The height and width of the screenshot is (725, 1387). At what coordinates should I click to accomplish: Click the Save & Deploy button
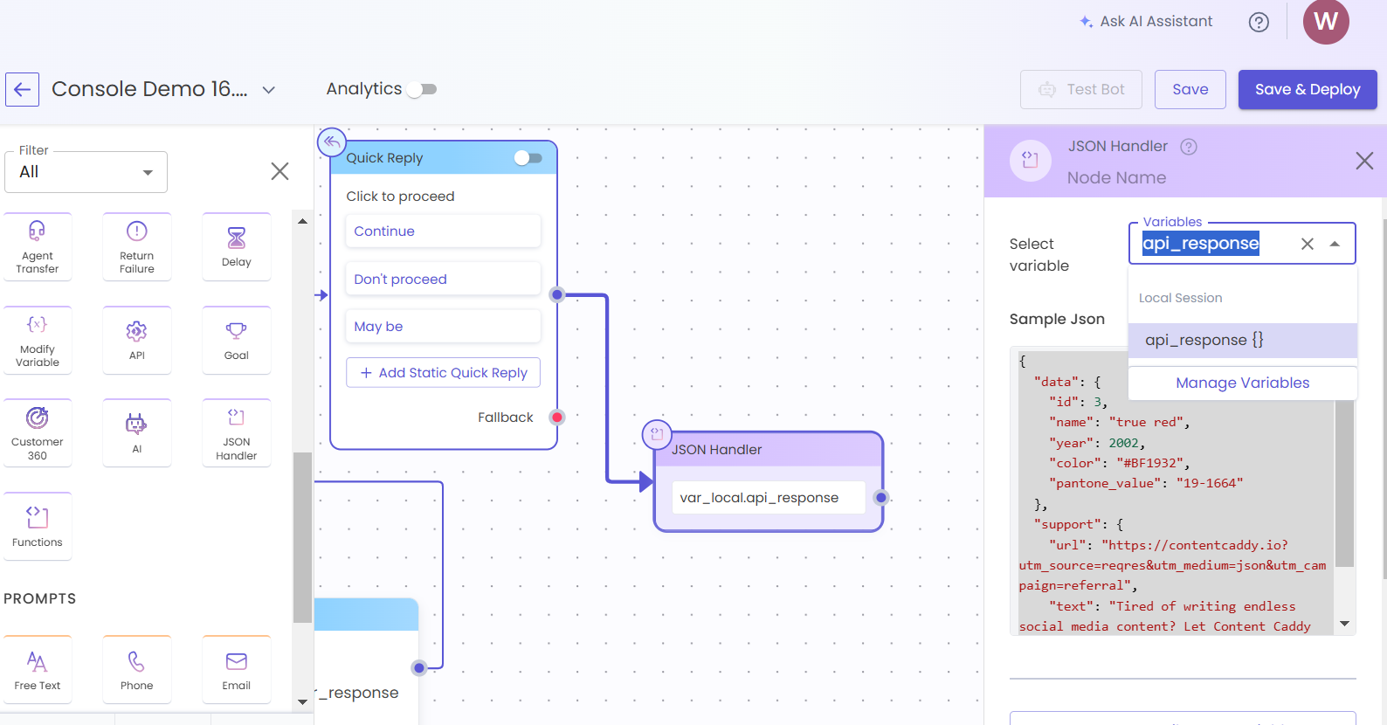pos(1308,90)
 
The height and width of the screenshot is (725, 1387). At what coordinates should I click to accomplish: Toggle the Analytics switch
pos(422,90)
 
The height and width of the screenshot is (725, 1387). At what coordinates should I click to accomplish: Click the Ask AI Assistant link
pos(1146,22)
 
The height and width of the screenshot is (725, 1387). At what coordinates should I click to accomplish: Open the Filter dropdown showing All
pos(86,172)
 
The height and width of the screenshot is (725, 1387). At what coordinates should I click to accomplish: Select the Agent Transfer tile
pos(38,247)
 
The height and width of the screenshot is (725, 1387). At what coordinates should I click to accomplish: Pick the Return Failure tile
pos(137,247)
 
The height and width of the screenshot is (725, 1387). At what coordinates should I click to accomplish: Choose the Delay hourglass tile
pos(237,247)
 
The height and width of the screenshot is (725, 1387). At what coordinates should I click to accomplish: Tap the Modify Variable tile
pos(38,341)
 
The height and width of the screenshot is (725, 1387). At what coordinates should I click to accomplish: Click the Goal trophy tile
pos(237,341)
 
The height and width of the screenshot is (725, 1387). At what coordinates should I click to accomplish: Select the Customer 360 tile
pos(38,433)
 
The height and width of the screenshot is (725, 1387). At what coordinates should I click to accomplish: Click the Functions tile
pos(38,527)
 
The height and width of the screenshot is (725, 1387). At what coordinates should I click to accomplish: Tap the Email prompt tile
pos(237,670)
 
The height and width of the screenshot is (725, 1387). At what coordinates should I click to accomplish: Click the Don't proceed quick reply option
pos(444,280)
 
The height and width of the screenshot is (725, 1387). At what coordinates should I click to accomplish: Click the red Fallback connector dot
pos(557,418)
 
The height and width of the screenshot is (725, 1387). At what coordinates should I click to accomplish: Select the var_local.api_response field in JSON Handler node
pos(769,498)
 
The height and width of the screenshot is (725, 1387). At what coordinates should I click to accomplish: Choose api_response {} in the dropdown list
pos(1243,341)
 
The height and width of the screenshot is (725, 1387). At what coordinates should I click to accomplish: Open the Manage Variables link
pos(1243,383)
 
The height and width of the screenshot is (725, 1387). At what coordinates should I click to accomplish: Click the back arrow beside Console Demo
pos(23,90)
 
